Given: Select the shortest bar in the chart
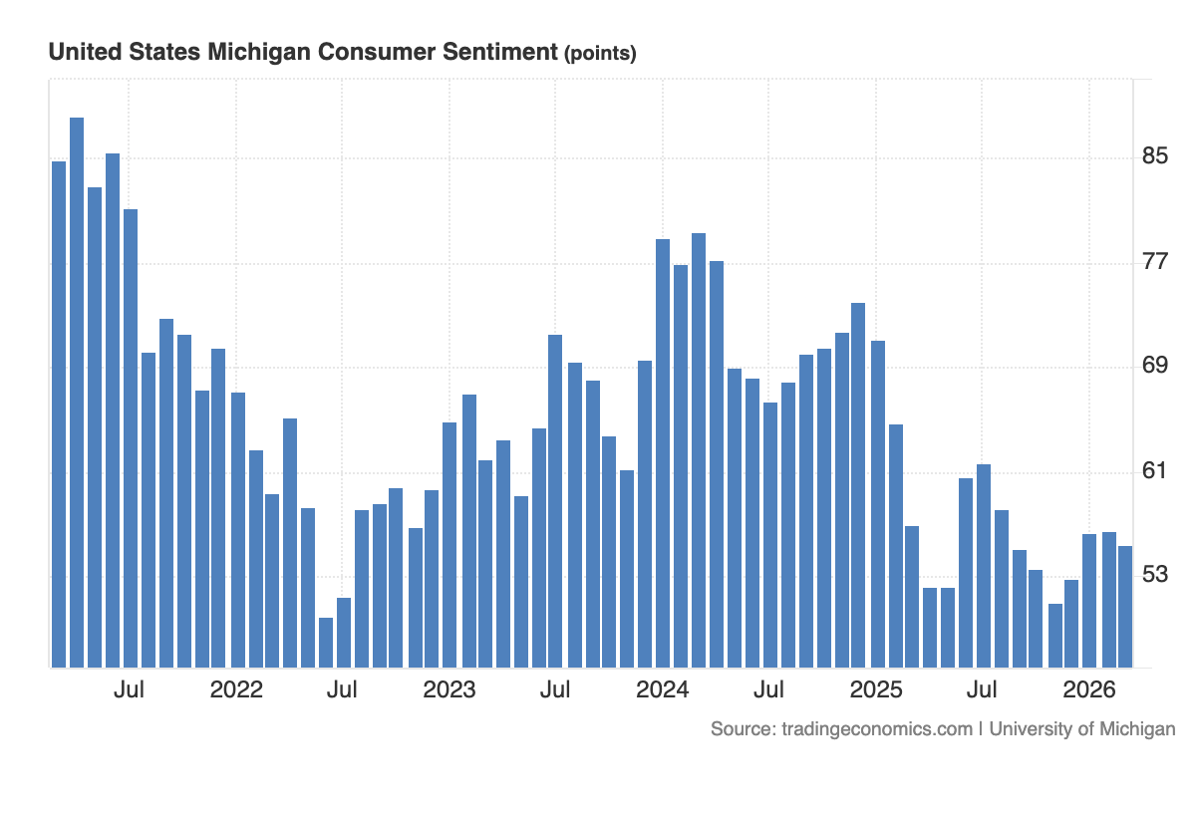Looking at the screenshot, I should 326,642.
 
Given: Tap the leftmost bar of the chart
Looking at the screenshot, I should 59,413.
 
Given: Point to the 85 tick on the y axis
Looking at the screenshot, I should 1155,157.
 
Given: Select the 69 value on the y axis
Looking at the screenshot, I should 1155,367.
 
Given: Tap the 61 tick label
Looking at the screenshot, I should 1155,471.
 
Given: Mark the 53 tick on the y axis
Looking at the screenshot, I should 1155,576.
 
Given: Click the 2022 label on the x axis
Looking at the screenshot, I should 236,689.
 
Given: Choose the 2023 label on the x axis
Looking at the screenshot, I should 449,689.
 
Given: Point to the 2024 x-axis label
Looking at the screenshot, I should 663,689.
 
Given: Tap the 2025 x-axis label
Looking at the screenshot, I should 876,689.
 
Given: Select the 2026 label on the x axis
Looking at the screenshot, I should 1089,689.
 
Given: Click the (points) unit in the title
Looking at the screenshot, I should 600,54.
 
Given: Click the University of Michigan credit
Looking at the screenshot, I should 1082,728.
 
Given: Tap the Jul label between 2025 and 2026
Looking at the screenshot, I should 983,689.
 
